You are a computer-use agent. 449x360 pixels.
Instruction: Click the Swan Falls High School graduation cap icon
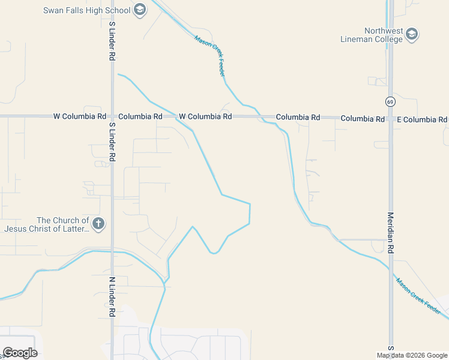[x=140, y=10]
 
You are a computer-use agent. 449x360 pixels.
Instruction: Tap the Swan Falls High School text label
[x=86, y=10]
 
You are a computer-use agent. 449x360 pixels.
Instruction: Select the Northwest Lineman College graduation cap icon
[x=412, y=35]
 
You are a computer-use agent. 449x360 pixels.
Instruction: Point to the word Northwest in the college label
[x=384, y=31]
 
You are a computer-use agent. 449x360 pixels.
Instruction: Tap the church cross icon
[x=98, y=224]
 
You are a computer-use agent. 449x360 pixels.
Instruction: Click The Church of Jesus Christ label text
[x=47, y=224]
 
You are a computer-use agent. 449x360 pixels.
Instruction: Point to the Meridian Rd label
[x=390, y=233]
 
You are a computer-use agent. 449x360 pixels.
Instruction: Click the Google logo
[x=20, y=353]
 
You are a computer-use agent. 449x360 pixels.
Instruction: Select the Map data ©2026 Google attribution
[x=412, y=355]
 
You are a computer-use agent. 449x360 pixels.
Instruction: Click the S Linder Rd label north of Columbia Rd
[x=112, y=41]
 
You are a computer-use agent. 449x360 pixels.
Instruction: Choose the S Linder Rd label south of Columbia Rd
[x=112, y=142]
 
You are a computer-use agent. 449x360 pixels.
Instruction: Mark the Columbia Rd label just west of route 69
[x=362, y=119]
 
